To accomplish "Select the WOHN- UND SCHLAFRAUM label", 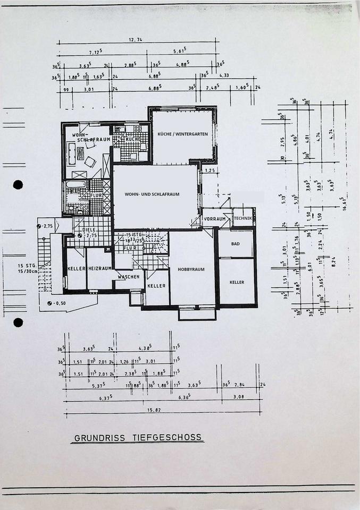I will (153, 194).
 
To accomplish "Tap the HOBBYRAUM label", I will (191, 269).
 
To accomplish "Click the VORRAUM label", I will (214, 218).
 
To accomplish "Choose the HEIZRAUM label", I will (100, 269).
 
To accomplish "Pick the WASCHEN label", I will (129, 277).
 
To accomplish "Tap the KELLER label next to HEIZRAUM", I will (76, 269).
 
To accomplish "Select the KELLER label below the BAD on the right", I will (237, 282).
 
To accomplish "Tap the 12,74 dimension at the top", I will (136, 40).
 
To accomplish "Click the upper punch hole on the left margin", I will (18, 184).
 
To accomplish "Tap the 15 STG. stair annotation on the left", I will (26, 265).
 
